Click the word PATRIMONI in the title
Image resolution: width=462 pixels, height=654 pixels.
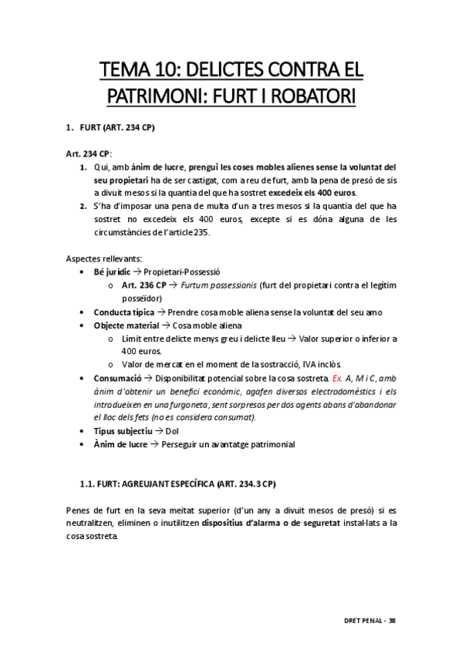click(x=151, y=98)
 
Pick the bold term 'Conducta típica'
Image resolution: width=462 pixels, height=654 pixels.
click(x=124, y=312)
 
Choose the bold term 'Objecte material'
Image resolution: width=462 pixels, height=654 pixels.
click(x=125, y=325)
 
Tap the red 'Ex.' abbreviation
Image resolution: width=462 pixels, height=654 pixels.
click(x=337, y=378)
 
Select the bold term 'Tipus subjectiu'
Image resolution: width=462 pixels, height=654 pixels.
click(x=123, y=431)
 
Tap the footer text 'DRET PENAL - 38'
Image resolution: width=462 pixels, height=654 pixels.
click(x=369, y=620)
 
